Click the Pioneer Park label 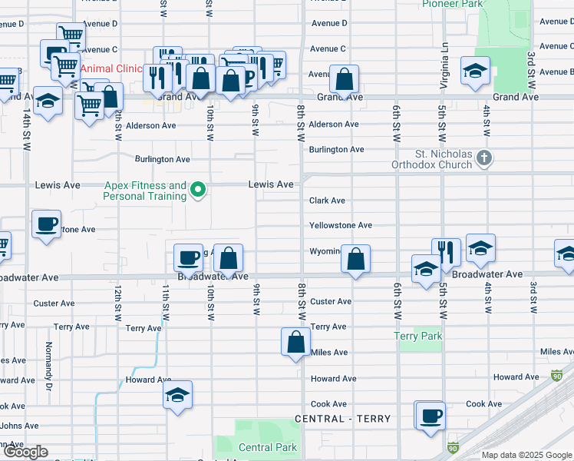[x=451, y=4]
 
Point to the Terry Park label [x=418, y=336]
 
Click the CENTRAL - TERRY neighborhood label [x=343, y=419]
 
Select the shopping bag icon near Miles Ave [x=296, y=343]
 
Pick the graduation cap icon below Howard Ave [x=178, y=396]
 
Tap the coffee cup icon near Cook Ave [x=430, y=416]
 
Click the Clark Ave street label [x=327, y=201]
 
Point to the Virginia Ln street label [x=443, y=54]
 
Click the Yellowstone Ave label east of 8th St [x=341, y=226]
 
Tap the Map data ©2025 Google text [x=526, y=455]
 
